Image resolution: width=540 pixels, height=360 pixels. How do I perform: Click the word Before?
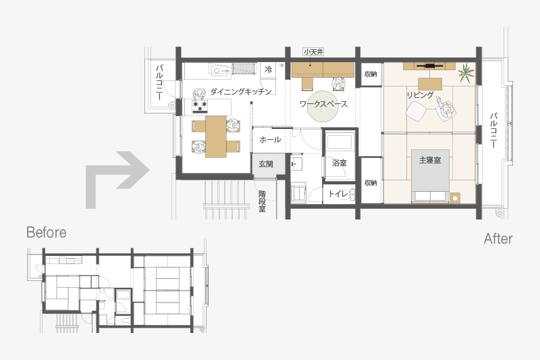pos(47,232)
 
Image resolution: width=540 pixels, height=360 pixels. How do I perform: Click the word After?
pos(498,238)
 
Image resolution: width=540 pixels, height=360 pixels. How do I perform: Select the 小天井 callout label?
pos(313,52)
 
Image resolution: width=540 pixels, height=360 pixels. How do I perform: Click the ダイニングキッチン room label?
pos(241,92)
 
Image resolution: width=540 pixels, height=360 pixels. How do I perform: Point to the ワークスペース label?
pos(323,104)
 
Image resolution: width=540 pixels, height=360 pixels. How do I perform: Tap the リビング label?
pos(420,95)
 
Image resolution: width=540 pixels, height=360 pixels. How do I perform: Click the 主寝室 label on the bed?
pos(430,160)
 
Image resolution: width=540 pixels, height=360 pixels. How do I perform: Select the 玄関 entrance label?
pos(266,164)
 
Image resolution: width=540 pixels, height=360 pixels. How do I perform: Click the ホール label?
pos(270,140)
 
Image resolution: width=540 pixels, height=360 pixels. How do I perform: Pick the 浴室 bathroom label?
pos(340,163)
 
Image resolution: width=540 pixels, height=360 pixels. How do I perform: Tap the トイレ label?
pos(338,194)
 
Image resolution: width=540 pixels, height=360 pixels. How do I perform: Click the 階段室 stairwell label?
pos(263,201)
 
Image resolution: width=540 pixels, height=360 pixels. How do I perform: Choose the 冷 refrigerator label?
pos(268,70)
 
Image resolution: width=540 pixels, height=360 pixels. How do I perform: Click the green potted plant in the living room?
pos(466,73)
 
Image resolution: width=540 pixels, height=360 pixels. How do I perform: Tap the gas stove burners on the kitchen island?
pos(200,107)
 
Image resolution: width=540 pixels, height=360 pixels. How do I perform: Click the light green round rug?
pos(323,106)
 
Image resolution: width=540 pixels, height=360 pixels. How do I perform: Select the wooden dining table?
pos(216,136)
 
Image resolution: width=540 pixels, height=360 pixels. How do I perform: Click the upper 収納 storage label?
pos(371,74)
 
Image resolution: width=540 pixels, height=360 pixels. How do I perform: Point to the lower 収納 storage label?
pos(371,182)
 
